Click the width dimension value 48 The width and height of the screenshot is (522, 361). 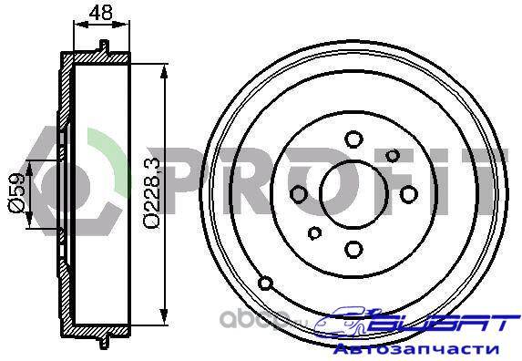pyautogui.click(x=101, y=13)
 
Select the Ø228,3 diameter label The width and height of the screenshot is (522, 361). pyautogui.click(x=152, y=193)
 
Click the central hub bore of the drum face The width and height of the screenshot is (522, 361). pyautogui.click(x=353, y=194)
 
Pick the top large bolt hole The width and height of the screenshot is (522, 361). pyautogui.click(x=353, y=139)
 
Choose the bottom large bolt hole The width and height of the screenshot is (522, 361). pyautogui.click(x=353, y=249)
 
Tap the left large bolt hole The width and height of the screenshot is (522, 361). pyautogui.click(x=299, y=194)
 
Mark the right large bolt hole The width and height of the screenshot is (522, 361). pyautogui.click(x=408, y=194)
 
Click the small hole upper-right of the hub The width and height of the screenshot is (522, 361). pyautogui.click(x=393, y=155)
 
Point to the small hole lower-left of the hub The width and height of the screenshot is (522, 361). pyautogui.click(x=314, y=232)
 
